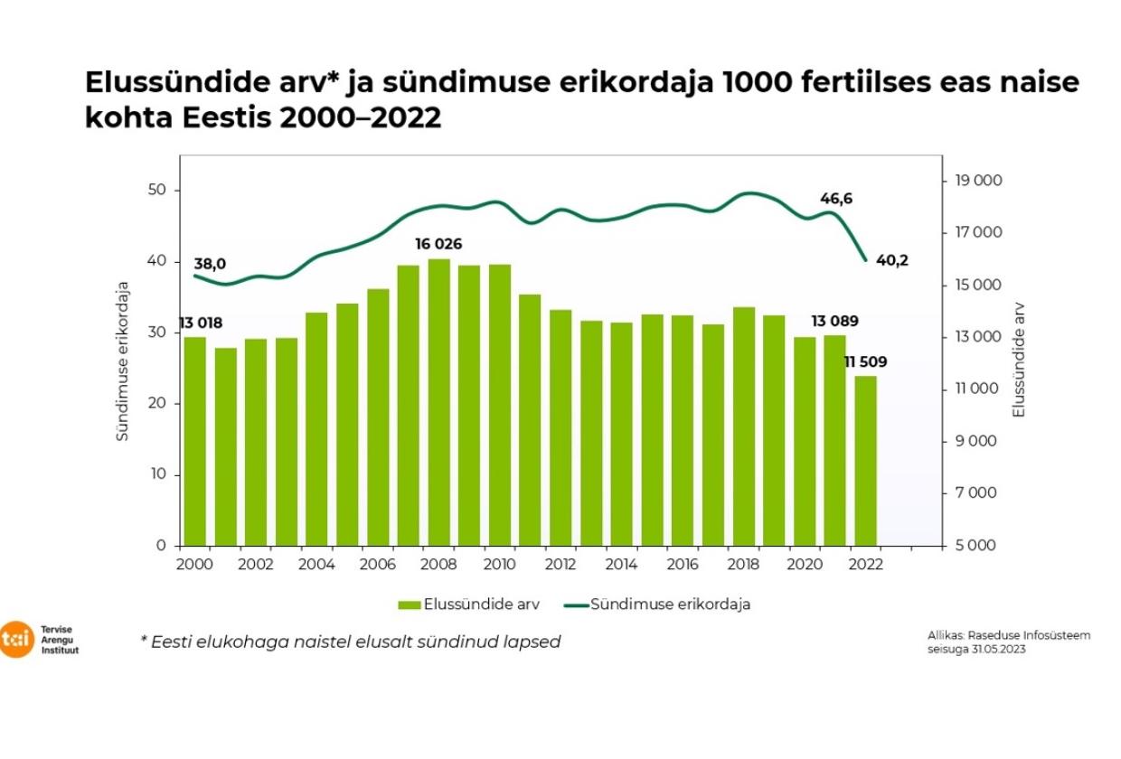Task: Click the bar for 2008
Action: click(x=439, y=402)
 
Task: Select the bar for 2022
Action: click(x=866, y=461)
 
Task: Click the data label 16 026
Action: click(x=440, y=245)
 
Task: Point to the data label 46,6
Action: click(x=836, y=198)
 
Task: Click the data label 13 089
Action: click(x=834, y=321)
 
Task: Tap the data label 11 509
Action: click(x=865, y=361)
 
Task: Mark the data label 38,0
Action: click(x=210, y=264)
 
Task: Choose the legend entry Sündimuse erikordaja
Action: click(x=670, y=604)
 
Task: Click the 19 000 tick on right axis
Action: click(x=977, y=181)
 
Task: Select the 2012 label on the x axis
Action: click(x=561, y=563)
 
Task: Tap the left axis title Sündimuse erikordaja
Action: click(x=123, y=361)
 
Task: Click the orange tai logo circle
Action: click(x=16, y=639)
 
